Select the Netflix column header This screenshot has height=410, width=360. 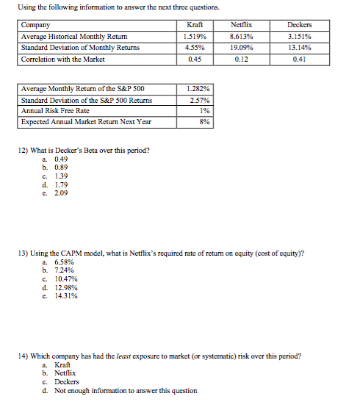pyautogui.click(x=242, y=25)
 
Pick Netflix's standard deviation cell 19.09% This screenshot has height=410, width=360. pyautogui.click(x=242, y=47)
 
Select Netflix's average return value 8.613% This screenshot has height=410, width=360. pyautogui.click(x=242, y=36)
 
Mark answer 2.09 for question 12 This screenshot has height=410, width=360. pyautogui.click(x=61, y=194)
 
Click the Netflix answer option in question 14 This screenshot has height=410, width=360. pyautogui.click(x=64, y=374)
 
